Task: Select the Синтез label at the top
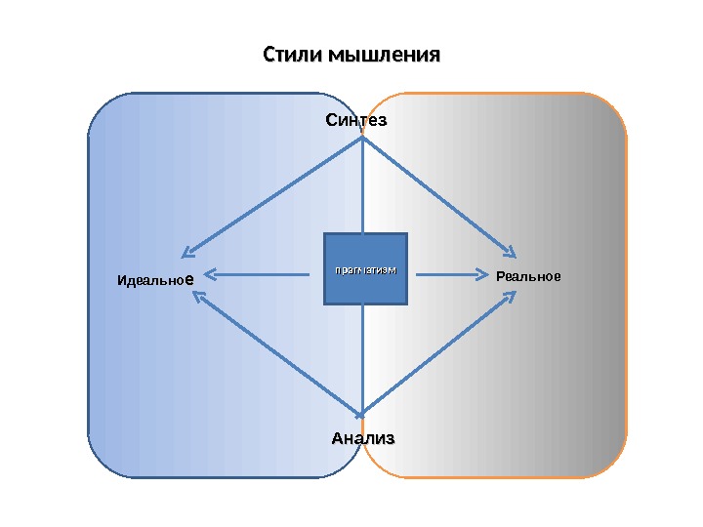pos(356,121)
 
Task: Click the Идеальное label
pos(155,280)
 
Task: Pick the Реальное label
pos(528,276)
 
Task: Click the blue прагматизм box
pos(365,268)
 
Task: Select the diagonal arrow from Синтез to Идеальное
pos(273,195)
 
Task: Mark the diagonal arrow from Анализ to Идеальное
pos(278,353)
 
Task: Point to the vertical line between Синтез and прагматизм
pos(363,185)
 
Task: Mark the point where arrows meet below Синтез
pos(363,139)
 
